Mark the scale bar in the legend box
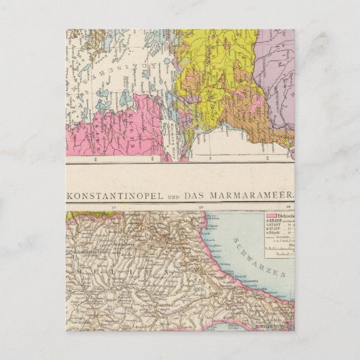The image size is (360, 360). (278, 249)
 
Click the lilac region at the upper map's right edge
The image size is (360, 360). (282, 75)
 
